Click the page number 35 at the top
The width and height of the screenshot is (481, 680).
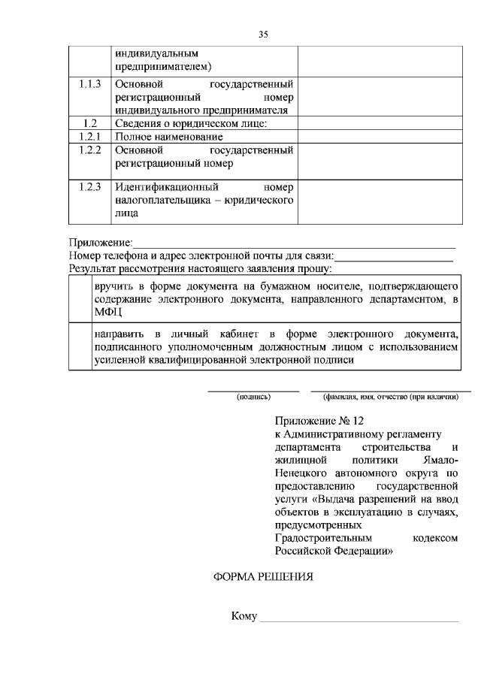[262, 34]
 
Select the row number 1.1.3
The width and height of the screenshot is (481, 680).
[89, 84]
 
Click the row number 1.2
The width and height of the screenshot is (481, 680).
[89, 123]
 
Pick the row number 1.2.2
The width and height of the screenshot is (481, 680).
[89, 150]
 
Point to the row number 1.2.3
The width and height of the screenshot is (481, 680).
[89, 186]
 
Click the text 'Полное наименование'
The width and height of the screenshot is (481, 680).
[169, 137]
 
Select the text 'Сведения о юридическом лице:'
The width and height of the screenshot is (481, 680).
[191, 123]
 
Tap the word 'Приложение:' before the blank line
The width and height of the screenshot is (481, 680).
[101, 243]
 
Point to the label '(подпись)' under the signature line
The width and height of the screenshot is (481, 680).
[253, 397]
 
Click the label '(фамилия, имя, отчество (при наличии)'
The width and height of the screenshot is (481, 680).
[390, 397]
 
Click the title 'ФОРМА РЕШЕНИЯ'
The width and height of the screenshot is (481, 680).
[260, 577]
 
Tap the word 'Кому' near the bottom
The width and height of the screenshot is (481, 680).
[245, 617]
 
